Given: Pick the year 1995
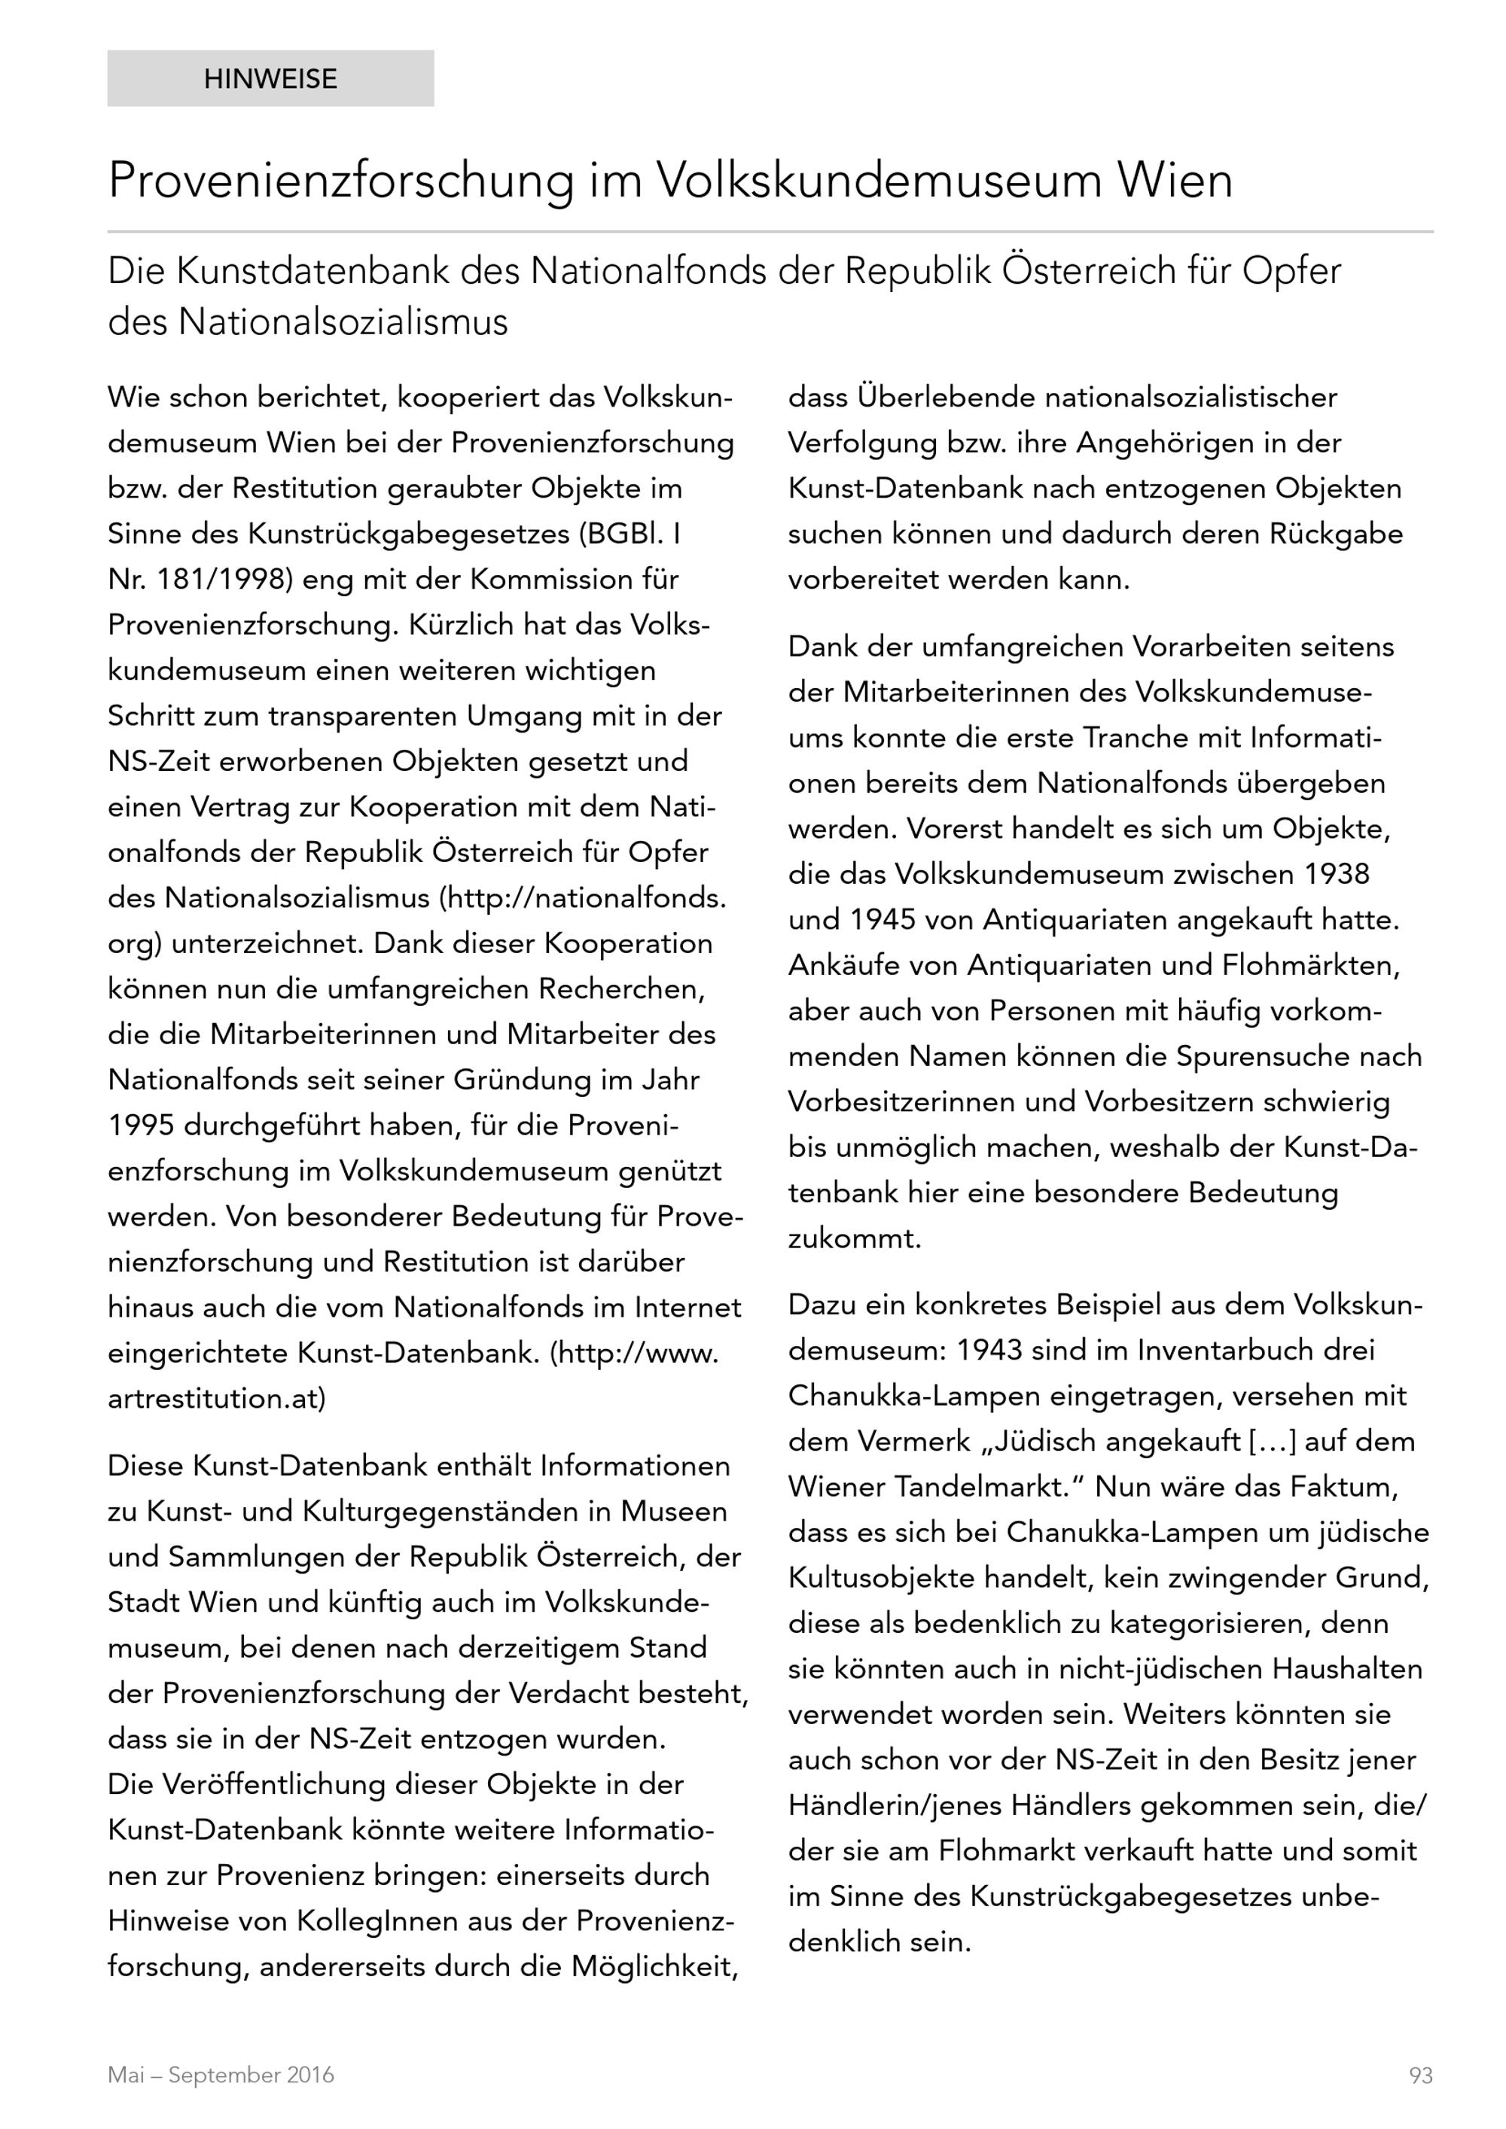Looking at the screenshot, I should pos(141,1125).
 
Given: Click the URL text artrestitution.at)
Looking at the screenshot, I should pos(217,1398).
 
